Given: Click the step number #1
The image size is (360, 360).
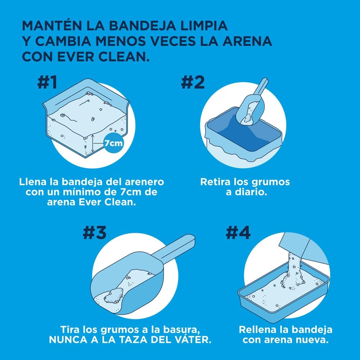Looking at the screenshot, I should [47, 83].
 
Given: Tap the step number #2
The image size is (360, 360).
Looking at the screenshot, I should [193, 83].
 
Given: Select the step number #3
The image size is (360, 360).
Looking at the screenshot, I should [94, 233].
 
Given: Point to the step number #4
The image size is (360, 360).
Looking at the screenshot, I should [238, 233].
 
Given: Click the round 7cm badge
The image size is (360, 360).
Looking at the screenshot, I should [113, 143].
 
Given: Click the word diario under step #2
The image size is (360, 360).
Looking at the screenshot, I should [251, 192].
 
